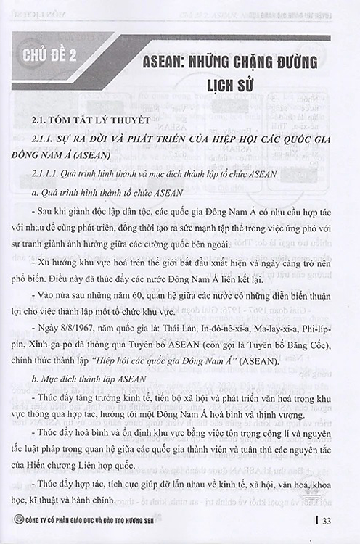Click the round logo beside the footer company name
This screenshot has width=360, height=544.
[x=9, y=521]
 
